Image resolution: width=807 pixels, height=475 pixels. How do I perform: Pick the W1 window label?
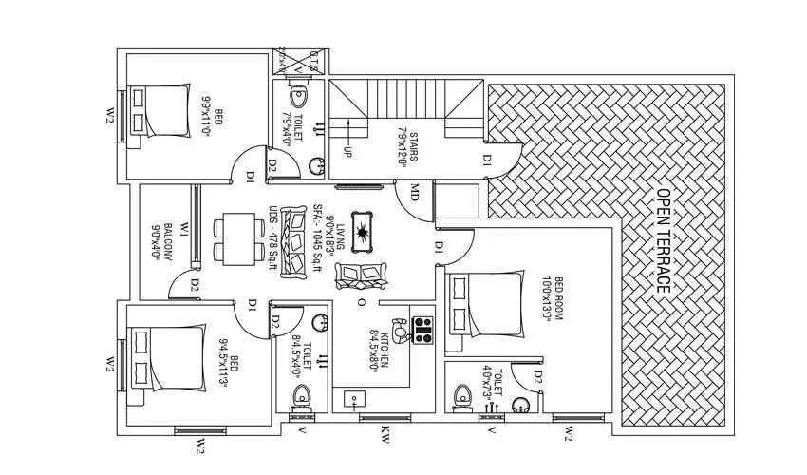(184, 230)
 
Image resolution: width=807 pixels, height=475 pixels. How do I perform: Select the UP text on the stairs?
(347, 152)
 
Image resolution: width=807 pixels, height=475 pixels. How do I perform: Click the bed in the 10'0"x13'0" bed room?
(485, 304)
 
